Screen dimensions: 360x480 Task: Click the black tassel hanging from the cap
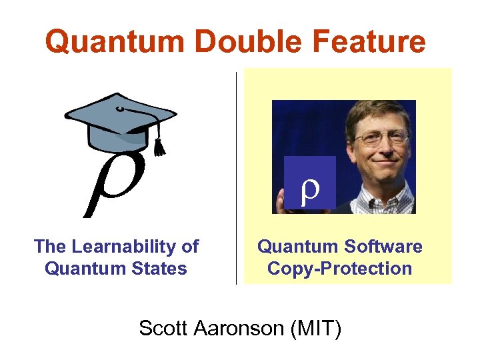click(159, 145)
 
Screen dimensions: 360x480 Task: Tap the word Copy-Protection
click(340, 269)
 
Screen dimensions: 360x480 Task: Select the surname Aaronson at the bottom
click(239, 328)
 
